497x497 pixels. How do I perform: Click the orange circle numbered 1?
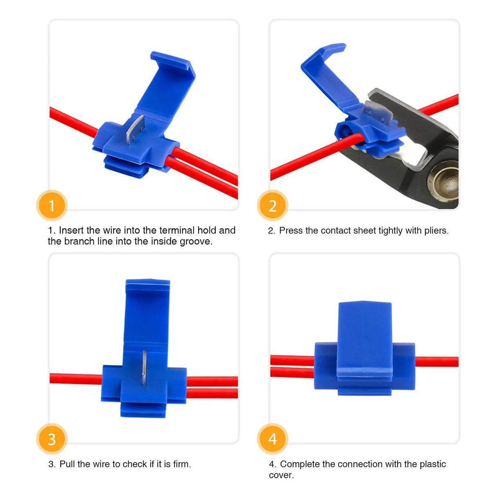pyautogui.click(x=52, y=206)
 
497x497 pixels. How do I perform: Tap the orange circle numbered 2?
pyautogui.click(x=272, y=206)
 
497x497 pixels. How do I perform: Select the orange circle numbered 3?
pyautogui.click(x=52, y=439)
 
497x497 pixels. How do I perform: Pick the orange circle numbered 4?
pyautogui.click(x=272, y=439)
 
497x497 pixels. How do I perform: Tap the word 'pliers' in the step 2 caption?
pyautogui.click(x=436, y=231)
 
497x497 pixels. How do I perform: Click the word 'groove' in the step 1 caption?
pyautogui.click(x=195, y=242)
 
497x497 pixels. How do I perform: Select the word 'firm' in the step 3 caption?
pyautogui.click(x=181, y=464)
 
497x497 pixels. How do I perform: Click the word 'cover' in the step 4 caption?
pyautogui.click(x=280, y=475)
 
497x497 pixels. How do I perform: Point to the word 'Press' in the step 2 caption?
pyautogui.click(x=291, y=231)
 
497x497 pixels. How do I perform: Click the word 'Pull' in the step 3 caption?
pyautogui.click(x=67, y=464)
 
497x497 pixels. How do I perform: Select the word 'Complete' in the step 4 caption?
pyautogui.click(x=300, y=464)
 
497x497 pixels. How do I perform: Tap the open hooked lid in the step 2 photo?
pyautogui.click(x=328, y=72)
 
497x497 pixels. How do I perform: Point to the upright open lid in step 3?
pyautogui.click(x=147, y=311)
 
